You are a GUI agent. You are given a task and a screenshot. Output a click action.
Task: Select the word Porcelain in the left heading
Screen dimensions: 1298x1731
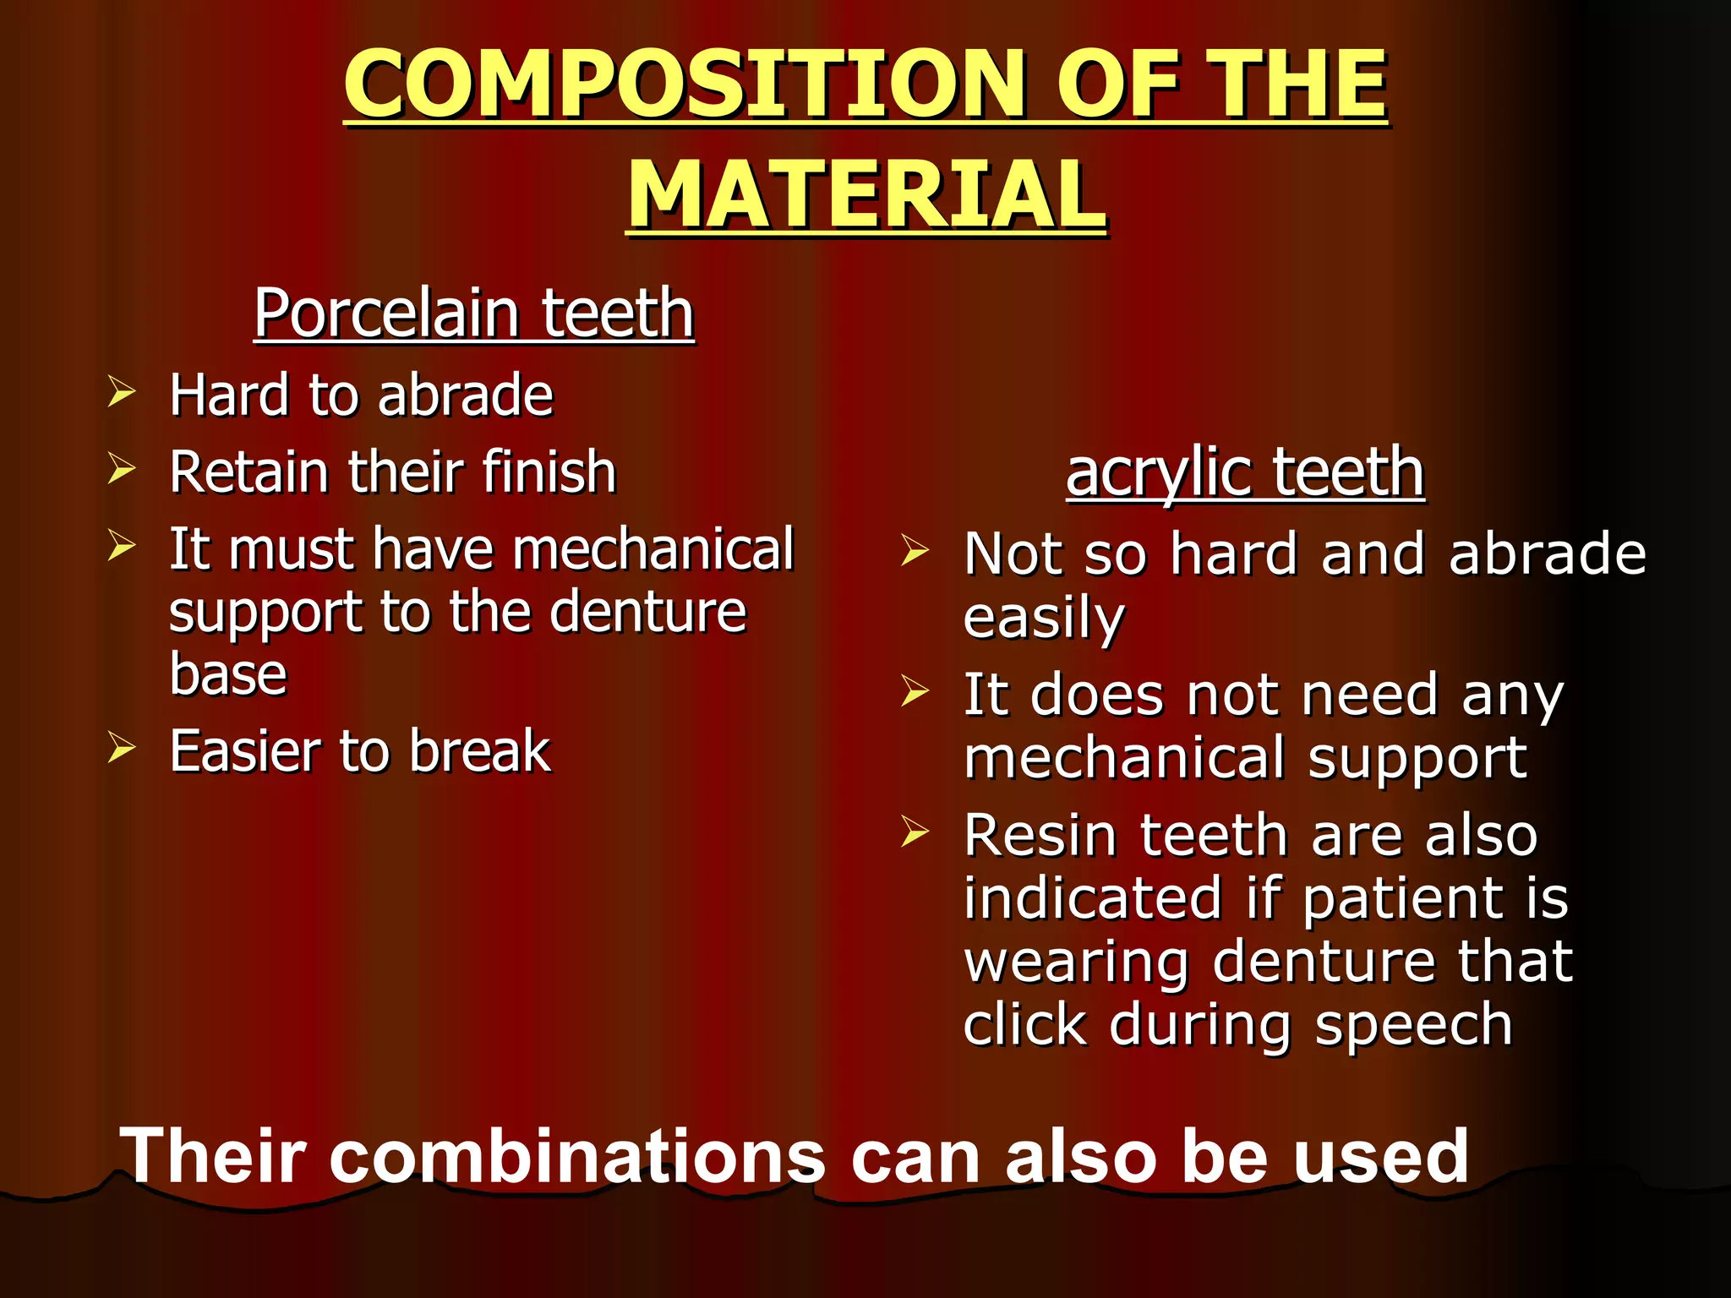coord(386,313)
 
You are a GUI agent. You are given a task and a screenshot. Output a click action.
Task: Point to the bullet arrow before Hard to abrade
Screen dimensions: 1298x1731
coord(122,393)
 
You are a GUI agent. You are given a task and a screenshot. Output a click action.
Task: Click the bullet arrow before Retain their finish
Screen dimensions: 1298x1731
coord(122,469)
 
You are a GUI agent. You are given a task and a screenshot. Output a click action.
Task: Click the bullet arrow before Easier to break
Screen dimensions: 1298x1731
coord(122,748)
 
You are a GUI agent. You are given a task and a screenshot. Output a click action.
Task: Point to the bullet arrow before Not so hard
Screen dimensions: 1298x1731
coord(915,551)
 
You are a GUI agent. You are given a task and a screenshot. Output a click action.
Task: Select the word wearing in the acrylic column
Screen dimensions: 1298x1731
coord(1075,963)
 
